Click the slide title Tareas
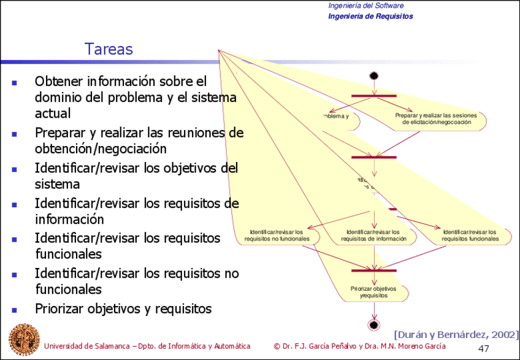[x=108, y=49]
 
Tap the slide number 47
[x=483, y=348]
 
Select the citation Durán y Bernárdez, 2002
[x=456, y=334]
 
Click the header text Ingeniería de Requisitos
[x=370, y=17]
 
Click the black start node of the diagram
[x=374, y=75]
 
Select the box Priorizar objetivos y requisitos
[x=373, y=291]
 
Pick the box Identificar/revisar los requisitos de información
[x=373, y=235]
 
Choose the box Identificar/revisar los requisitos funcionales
[x=470, y=235]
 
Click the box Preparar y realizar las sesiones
[x=437, y=118]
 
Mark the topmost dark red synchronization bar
[x=374, y=96]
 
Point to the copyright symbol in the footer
[x=278, y=346]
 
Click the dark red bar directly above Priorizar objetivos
[x=373, y=270]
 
